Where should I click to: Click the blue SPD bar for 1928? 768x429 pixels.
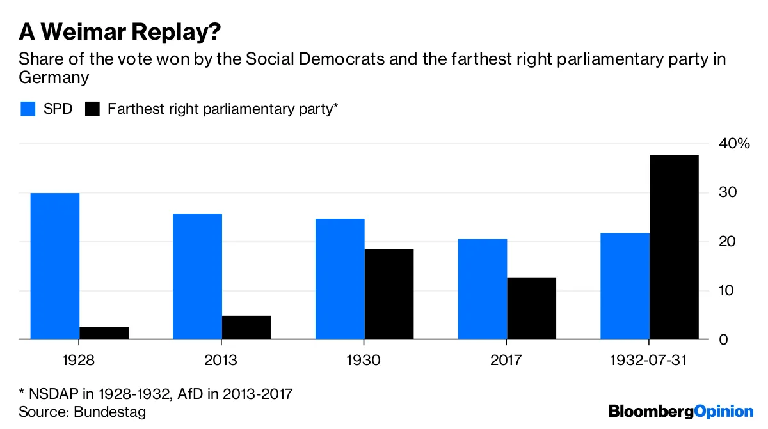click(x=55, y=266)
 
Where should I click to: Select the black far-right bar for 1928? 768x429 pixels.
click(x=104, y=333)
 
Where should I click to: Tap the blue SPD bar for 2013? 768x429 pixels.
click(x=198, y=276)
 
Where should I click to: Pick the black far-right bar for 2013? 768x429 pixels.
click(x=246, y=327)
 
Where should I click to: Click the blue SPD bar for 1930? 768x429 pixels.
click(x=340, y=279)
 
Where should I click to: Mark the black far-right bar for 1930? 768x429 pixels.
click(x=389, y=294)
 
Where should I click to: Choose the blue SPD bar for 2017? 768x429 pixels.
click(x=483, y=289)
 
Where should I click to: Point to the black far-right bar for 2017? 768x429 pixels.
click(x=532, y=308)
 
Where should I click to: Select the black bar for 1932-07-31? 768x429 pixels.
click(x=674, y=247)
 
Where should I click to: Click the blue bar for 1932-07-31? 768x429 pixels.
click(x=625, y=286)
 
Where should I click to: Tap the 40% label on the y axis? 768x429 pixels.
click(x=733, y=144)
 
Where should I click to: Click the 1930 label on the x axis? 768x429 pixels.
click(x=364, y=360)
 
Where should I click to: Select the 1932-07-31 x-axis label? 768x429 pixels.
click(x=650, y=360)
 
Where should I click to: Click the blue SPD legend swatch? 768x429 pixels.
click(x=28, y=109)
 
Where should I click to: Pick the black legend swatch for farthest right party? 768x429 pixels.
click(x=93, y=109)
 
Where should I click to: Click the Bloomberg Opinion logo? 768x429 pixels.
click(x=681, y=411)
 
